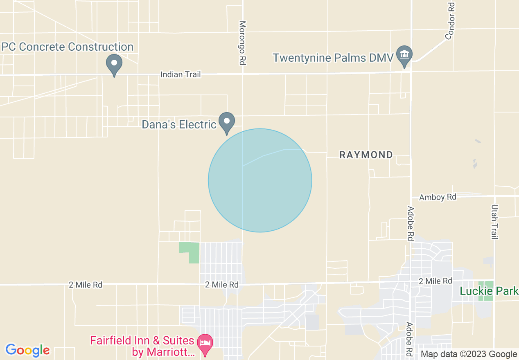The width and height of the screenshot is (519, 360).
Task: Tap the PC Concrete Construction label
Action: [68, 47]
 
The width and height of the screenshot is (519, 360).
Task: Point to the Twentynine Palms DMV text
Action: [333, 58]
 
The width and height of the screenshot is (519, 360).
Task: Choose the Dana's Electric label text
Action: [179, 124]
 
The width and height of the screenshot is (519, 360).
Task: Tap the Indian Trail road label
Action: [181, 74]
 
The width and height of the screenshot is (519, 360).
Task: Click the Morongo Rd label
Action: [242, 43]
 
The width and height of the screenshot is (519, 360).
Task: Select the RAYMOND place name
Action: [366, 155]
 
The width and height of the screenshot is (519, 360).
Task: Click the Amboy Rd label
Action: [438, 197]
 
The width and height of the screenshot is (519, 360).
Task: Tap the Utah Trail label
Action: [494, 222]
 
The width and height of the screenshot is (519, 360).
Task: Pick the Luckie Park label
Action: [489, 291]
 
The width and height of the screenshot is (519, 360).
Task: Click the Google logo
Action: [28, 350]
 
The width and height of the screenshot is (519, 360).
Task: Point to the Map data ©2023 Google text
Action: [469, 354]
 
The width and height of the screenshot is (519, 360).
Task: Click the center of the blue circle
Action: [260, 180]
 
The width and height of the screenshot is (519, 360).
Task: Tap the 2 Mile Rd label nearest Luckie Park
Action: [436, 281]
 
